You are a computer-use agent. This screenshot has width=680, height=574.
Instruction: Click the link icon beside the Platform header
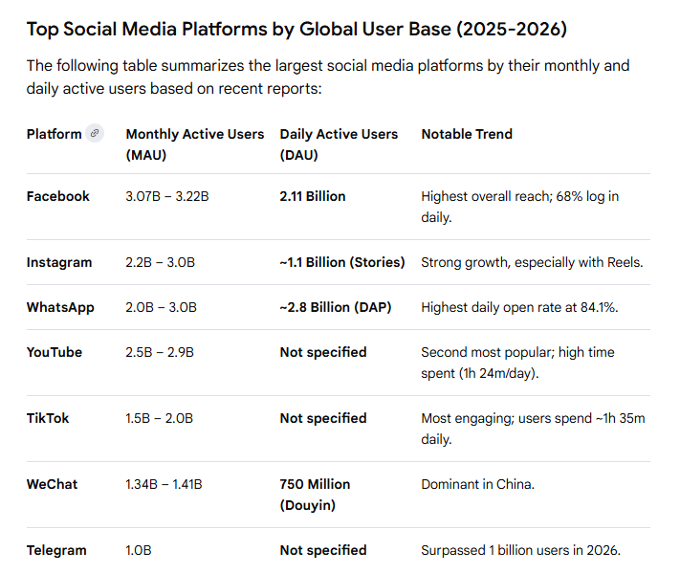click(94, 134)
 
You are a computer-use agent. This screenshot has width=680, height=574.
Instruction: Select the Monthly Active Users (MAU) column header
click(194, 143)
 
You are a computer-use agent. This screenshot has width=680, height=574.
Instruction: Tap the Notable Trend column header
click(467, 134)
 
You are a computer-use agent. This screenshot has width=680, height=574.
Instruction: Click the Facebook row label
click(58, 196)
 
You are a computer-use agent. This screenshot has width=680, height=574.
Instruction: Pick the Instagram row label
click(59, 262)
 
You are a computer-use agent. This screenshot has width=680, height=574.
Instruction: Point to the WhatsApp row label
click(60, 307)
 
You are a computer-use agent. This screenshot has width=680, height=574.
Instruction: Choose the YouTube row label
click(55, 352)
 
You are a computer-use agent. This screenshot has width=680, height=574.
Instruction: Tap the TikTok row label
click(48, 418)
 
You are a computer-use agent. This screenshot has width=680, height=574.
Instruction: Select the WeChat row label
click(53, 484)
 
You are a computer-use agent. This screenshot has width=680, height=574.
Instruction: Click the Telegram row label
click(56, 550)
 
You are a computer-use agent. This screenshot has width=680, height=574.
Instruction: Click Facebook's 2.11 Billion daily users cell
click(313, 196)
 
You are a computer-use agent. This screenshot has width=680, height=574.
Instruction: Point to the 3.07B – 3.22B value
click(167, 196)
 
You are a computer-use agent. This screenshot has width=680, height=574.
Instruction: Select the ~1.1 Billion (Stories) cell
click(342, 262)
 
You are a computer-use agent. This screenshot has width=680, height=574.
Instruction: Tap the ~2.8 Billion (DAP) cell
click(336, 307)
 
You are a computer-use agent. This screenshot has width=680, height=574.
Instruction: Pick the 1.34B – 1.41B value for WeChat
click(164, 484)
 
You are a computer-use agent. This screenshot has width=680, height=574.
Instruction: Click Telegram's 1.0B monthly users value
click(139, 550)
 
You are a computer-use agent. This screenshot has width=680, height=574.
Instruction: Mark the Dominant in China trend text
click(477, 484)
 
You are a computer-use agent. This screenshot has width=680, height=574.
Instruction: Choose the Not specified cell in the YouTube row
click(323, 352)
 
